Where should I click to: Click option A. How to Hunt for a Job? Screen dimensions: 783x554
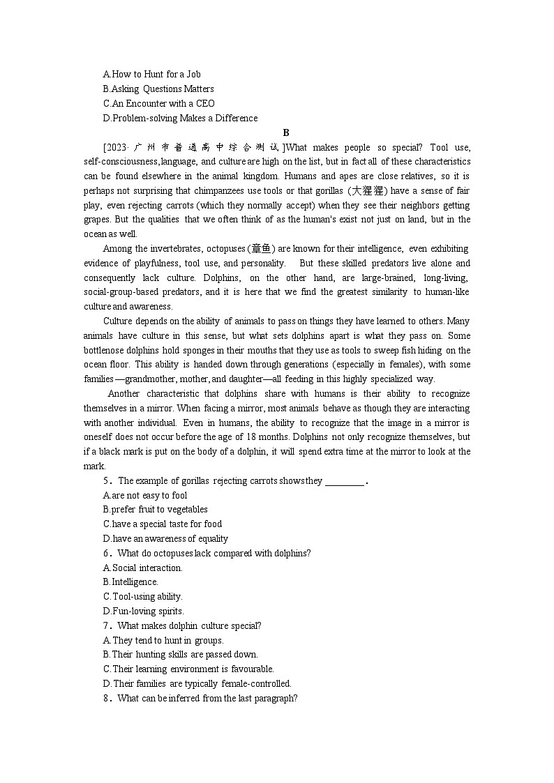pyautogui.click(x=151, y=74)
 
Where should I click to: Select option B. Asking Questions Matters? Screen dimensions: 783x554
pyautogui.click(x=158, y=89)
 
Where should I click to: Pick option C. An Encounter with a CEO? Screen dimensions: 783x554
pyautogui.click(x=158, y=103)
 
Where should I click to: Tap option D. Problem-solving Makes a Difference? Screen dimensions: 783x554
pyautogui.click(x=180, y=118)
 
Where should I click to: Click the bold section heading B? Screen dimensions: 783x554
pyautogui.click(x=286, y=132)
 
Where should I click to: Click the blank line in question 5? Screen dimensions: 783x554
pyautogui.click(x=345, y=480)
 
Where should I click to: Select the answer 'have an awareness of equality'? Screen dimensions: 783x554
pyautogui.click(x=165, y=538)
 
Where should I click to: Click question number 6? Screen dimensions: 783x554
pyautogui.click(x=107, y=553)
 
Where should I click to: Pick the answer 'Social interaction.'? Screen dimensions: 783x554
pyautogui.click(x=142, y=568)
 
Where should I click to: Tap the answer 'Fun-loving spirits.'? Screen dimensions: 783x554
pyautogui.click(x=143, y=611)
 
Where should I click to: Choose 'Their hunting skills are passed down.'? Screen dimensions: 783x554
pyautogui.click(x=180, y=655)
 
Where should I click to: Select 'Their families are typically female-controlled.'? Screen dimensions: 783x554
pyautogui.click(x=197, y=683)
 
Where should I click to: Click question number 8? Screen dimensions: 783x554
pyautogui.click(x=107, y=698)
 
